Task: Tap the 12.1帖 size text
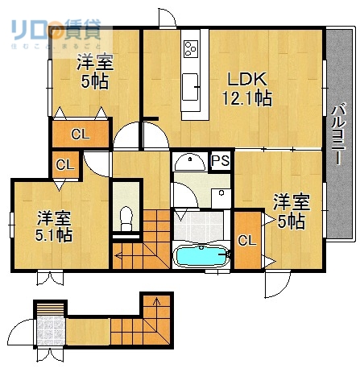point(246,98)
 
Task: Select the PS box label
point(220,160)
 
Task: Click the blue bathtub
point(201,256)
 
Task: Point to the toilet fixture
point(125,216)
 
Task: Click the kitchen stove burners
point(191,48)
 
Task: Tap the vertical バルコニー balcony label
point(340,134)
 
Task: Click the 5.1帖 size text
point(54,235)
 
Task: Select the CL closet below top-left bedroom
point(80,134)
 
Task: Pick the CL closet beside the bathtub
point(246,239)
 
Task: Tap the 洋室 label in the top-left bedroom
point(95,62)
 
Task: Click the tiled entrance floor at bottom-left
point(50,330)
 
